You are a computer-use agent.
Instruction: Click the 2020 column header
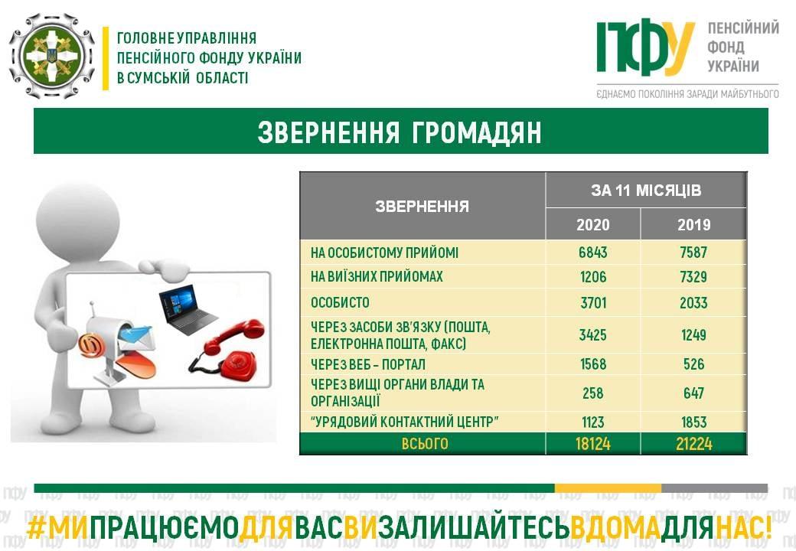[x=592, y=224]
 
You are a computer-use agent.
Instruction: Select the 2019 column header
[x=693, y=224]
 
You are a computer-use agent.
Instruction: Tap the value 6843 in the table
[x=593, y=253]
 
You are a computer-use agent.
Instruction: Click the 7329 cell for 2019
[x=693, y=276]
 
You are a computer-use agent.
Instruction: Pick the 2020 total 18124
[x=593, y=444]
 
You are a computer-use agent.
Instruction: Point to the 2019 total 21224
[x=694, y=444]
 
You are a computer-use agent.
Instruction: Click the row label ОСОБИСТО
[x=340, y=302]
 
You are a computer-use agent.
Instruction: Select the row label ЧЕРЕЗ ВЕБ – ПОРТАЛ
[x=368, y=364]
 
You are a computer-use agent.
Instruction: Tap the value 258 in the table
[x=593, y=393]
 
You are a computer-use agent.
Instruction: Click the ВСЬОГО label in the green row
[x=425, y=444]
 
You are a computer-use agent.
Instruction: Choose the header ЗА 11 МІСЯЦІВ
[x=646, y=191]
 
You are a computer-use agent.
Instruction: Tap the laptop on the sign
[x=188, y=309]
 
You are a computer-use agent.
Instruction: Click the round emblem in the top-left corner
[x=52, y=56]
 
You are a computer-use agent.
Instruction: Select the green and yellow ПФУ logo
[x=645, y=47]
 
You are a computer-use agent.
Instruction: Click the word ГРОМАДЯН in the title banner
[x=476, y=132]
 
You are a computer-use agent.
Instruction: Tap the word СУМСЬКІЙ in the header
[x=159, y=78]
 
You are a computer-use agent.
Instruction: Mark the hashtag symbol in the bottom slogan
[x=37, y=528]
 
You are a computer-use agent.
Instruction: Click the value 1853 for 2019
[x=693, y=422]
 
